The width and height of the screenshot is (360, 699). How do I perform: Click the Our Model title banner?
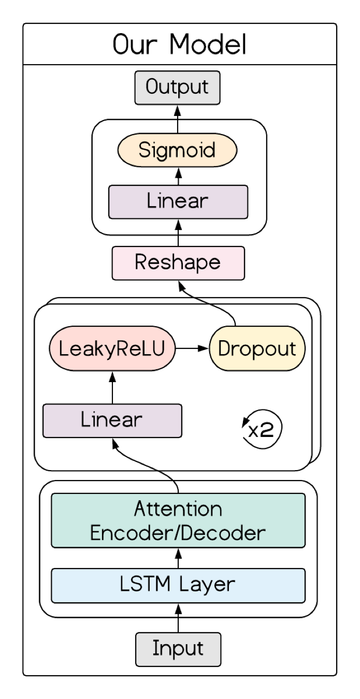click(x=179, y=44)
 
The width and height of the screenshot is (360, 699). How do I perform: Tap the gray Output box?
click(x=177, y=88)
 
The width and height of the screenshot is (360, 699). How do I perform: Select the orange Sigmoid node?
click(x=177, y=151)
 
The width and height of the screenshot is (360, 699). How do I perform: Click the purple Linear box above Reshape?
click(x=178, y=201)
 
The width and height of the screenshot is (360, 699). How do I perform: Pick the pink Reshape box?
click(x=178, y=263)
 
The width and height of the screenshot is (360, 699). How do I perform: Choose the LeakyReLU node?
click(x=112, y=348)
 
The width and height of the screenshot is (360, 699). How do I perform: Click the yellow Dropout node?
click(x=257, y=348)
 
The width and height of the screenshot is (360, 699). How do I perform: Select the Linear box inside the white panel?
click(x=112, y=420)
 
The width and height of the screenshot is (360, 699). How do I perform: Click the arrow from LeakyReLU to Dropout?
click(x=192, y=348)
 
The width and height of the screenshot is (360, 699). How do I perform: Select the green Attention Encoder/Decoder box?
click(x=178, y=520)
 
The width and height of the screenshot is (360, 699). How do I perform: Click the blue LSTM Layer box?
click(x=178, y=585)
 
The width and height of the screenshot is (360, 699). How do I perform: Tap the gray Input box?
click(x=178, y=649)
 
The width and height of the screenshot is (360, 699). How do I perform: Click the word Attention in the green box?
click(x=178, y=509)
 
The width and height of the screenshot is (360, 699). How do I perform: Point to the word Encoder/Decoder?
click(x=178, y=532)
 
